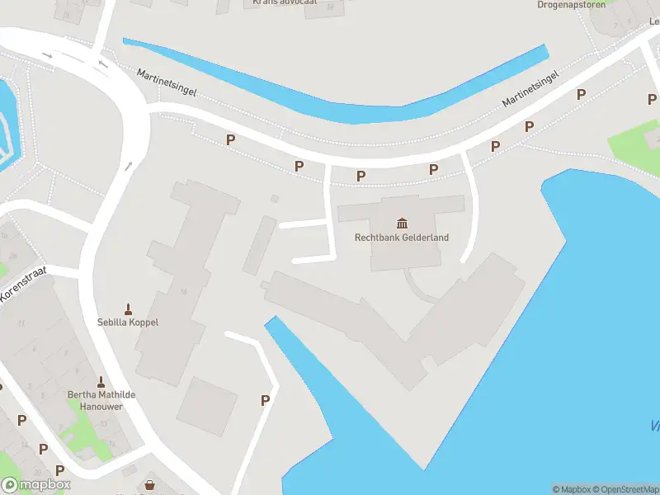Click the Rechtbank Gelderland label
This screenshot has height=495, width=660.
[x=401, y=238]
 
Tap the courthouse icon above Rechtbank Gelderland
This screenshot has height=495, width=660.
[x=402, y=224]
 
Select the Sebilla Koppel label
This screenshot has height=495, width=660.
[x=128, y=322]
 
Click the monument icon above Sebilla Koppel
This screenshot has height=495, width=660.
[x=128, y=309]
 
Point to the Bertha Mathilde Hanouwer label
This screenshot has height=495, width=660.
[x=101, y=400]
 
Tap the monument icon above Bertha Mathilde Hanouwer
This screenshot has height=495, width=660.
[x=101, y=382]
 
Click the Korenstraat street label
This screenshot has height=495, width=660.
[x=25, y=285]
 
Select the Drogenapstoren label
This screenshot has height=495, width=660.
[x=571, y=5]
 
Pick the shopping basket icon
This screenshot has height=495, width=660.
[x=149, y=486]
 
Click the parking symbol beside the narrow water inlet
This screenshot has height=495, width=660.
[x=265, y=400]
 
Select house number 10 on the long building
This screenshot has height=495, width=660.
[x=183, y=291]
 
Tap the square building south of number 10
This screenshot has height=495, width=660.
[x=206, y=407]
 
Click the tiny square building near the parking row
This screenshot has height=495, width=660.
[x=275, y=199]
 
